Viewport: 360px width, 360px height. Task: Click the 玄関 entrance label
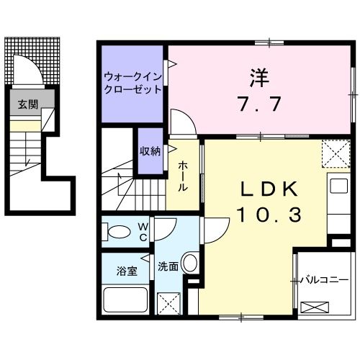click(x=24, y=104)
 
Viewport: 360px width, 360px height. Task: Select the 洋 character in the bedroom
click(x=258, y=74)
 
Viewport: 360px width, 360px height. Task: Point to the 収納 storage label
click(x=150, y=150)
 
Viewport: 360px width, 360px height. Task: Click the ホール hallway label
click(x=183, y=176)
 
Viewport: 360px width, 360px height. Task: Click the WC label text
click(x=143, y=232)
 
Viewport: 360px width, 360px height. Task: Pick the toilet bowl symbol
click(x=115, y=232)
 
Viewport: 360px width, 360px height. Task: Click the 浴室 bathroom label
click(x=125, y=271)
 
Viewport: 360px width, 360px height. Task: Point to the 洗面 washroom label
click(x=168, y=266)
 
